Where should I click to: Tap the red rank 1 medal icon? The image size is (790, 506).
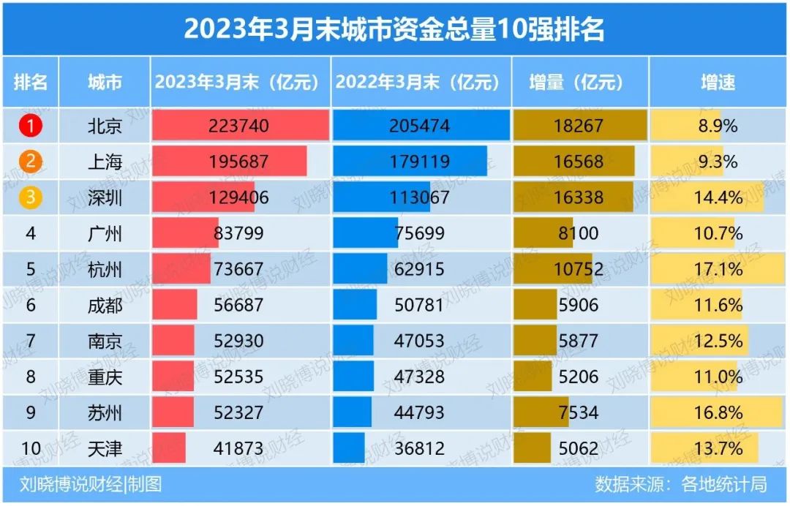pyautogui.click(x=31, y=126)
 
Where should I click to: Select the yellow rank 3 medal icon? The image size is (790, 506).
pyautogui.click(x=31, y=197)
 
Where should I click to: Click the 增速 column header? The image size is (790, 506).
pyautogui.click(x=718, y=82)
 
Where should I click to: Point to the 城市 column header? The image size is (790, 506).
pyautogui.click(x=105, y=82)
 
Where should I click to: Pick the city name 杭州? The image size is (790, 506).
pyautogui.click(x=105, y=269)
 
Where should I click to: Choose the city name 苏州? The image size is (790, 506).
pyautogui.click(x=105, y=412)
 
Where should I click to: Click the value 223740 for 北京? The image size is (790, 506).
pyautogui.click(x=239, y=126)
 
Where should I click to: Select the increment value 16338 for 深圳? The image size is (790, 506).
pyautogui.click(x=578, y=197)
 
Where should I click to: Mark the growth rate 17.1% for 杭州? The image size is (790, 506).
pyautogui.click(x=718, y=269)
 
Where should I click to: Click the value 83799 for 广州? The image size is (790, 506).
pyautogui.click(x=238, y=233)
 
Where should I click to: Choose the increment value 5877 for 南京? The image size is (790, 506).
pyautogui.click(x=578, y=341)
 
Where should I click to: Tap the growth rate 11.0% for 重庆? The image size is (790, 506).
pyautogui.click(x=718, y=377)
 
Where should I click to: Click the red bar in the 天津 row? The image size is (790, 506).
pyautogui.click(x=169, y=448)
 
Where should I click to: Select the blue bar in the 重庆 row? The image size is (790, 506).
pyautogui.click(x=353, y=377)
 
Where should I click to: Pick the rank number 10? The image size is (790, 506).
pyautogui.click(x=31, y=448)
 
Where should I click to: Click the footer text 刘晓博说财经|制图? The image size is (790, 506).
pyautogui.click(x=91, y=484)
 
